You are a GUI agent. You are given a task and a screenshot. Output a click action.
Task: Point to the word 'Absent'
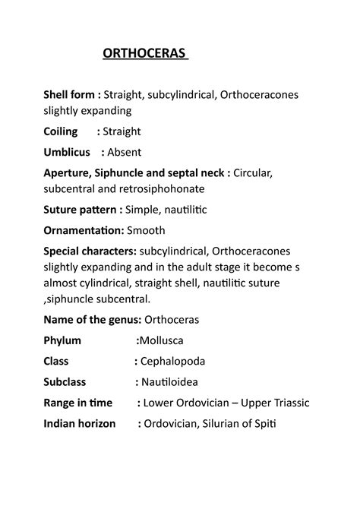(x=124, y=152)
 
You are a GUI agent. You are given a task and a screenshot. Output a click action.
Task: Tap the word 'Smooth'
(x=147, y=230)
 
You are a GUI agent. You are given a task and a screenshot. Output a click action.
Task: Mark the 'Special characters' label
(x=91, y=251)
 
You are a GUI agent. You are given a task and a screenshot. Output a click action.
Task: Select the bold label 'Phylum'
(x=63, y=340)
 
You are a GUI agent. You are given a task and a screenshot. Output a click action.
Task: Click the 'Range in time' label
(x=77, y=403)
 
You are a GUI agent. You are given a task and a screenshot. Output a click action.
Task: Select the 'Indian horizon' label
(x=81, y=424)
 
